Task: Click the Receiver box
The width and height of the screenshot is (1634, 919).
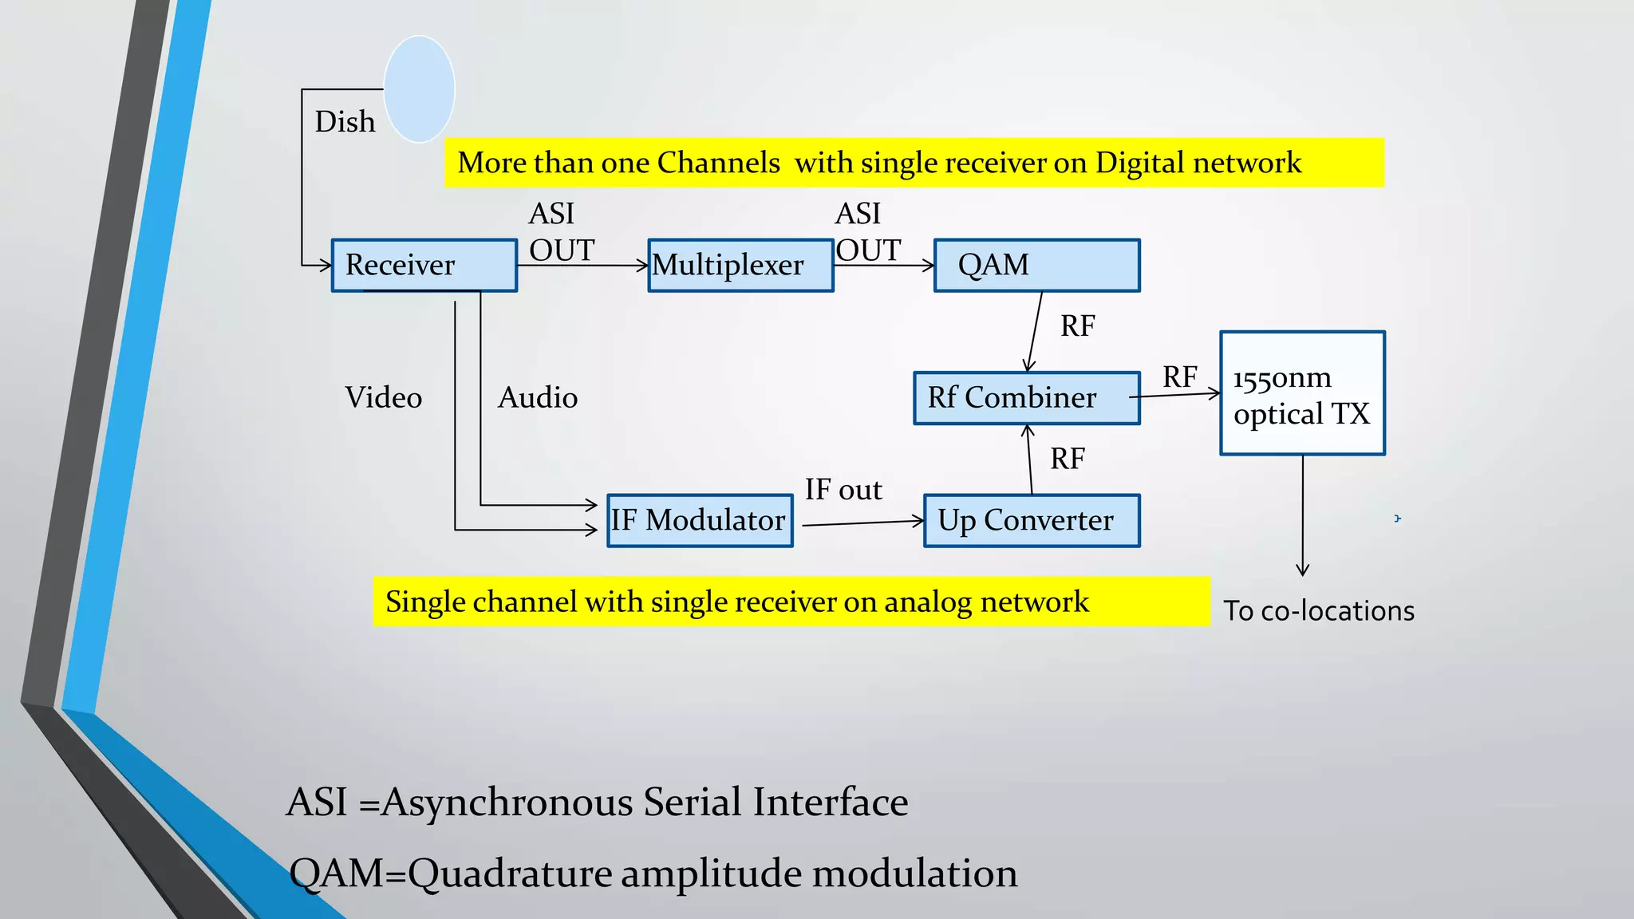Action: pos(424,265)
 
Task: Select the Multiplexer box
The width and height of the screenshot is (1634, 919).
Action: pos(740,265)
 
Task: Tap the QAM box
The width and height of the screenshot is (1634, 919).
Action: pos(1036,265)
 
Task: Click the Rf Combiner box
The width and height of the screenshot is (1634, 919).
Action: pos(1026,397)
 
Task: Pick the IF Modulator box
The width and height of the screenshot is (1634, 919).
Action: pos(700,520)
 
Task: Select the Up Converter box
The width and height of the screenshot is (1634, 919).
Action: pos(1032,520)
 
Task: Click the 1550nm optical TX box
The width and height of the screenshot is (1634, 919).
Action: pos(1302,393)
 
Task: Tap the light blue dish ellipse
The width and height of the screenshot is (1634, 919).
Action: pos(419,89)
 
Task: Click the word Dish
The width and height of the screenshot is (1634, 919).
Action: pos(345,122)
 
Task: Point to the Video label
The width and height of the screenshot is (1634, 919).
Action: pos(383,397)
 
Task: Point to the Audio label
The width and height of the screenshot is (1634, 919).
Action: pos(537,397)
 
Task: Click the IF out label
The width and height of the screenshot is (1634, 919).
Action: pos(843,489)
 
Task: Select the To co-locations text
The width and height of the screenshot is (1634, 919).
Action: pos(1319,611)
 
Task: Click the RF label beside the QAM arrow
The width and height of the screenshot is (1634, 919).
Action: pos(1077,326)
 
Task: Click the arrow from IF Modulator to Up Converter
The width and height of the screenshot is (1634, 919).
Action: pos(862,523)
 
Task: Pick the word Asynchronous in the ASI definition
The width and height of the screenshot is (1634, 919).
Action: pos(507,802)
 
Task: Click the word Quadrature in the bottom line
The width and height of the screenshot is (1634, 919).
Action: pos(510,874)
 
